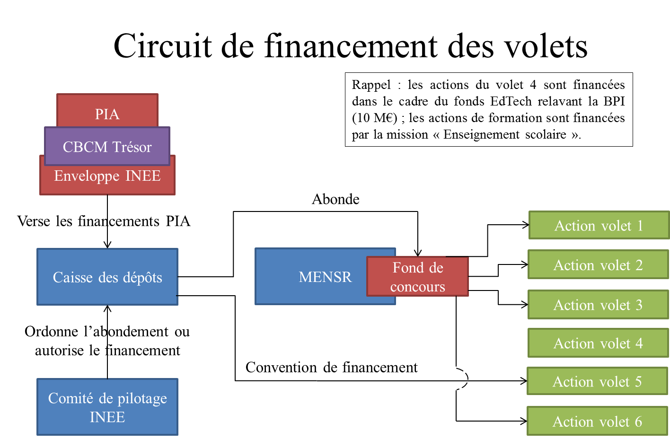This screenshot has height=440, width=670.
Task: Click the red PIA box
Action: pyautogui.click(x=107, y=111)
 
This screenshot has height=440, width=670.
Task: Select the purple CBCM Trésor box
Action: pyautogui.click(x=107, y=147)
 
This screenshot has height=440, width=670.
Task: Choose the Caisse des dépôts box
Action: pyautogui.click(x=107, y=277)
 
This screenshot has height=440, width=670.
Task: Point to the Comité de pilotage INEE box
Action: pyautogui.click(x=107, y=407)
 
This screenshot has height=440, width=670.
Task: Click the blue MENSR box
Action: pyautogui.click(x=312, y=277)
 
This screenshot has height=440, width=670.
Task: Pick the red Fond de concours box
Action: pyautogui.click(x=418, y=277)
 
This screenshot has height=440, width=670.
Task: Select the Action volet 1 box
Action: pyautogui.click(x=599, y=225)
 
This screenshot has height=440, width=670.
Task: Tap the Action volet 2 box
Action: pyautogui.click(x=598, y=265)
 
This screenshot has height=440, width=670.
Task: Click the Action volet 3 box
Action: pyautogui.click(x=598, y=305)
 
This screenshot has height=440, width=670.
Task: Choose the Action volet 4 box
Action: pyautogui.click(x=598, y=343)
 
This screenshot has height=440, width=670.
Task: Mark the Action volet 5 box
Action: pyautogui.click(x=597, y=381)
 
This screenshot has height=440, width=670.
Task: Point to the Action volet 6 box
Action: pyautogui.click(x=597, y=421)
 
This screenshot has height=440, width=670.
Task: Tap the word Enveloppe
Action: pyautogui.click(x=87, y=176)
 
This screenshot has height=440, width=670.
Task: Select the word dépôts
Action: pyautogui.click(x=141, y=277)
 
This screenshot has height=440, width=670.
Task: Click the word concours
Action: pyautogui.click(x=418, y=287)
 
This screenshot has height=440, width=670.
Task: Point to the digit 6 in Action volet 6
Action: pyautogui.click(x=638, y=421)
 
